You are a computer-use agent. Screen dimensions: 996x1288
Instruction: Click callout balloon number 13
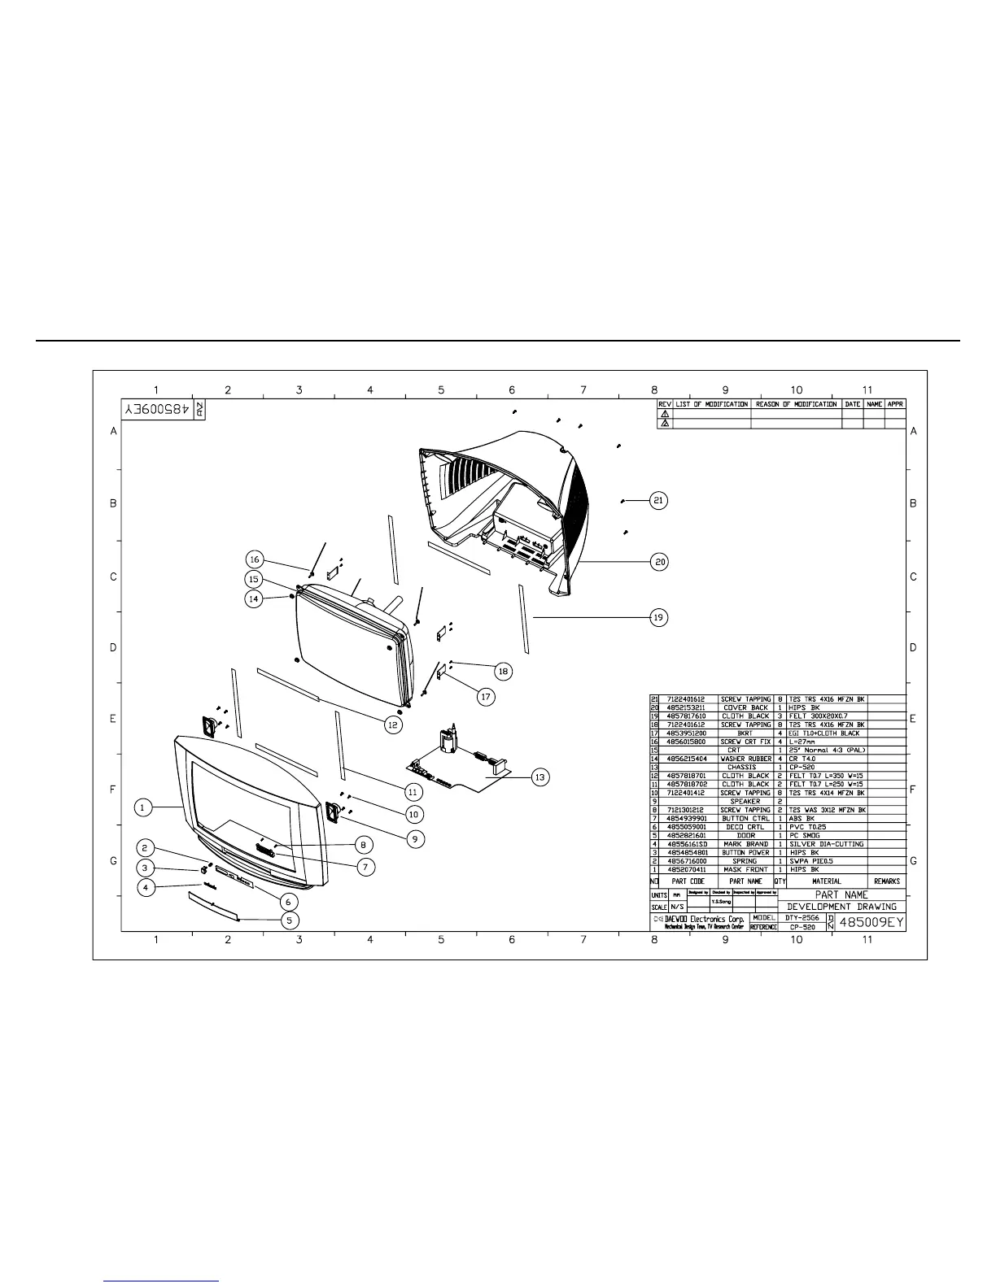coord(539,778)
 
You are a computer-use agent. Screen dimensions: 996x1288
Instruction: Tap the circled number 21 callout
coord(658,501)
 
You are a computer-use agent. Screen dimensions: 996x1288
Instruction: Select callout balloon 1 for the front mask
coord(142,807)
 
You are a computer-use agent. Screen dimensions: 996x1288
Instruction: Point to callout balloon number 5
coord(290,920)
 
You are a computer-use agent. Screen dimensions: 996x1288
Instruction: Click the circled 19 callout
coord(658,617)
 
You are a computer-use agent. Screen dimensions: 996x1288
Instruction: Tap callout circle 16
coord(255,559)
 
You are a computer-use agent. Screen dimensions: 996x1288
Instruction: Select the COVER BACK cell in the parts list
coord(746,707)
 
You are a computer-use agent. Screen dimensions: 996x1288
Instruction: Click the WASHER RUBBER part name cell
coord(746,759)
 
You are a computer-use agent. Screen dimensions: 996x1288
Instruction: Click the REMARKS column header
coord(887,881)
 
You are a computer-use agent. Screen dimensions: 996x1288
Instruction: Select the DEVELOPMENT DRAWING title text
coord(841,907)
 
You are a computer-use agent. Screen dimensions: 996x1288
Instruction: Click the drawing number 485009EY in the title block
coord(871,923)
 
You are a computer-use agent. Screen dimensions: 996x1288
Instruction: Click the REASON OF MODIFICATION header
coord(796,404)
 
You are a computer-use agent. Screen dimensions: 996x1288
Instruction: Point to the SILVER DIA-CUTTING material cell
coord(826,844)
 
